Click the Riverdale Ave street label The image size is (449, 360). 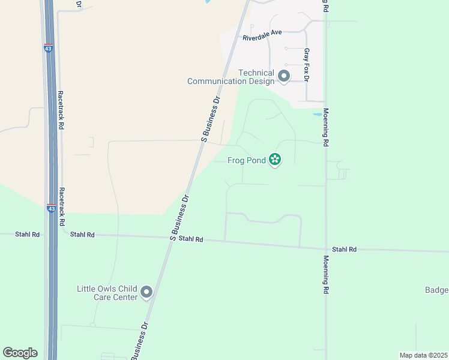262,38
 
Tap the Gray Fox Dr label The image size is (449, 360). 306,65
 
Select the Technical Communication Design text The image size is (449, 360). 231,77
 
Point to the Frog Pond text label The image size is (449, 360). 246,160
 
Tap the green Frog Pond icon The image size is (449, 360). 275,160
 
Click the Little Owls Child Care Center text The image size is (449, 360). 107,293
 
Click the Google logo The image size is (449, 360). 20,353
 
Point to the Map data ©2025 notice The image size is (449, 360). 423,355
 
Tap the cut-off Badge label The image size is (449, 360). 436,290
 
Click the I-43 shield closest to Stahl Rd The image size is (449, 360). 52,208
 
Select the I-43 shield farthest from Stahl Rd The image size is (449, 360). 48,48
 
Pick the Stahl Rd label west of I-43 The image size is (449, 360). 27,235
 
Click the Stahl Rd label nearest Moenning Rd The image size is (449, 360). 345,249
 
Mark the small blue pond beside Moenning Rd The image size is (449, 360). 317,114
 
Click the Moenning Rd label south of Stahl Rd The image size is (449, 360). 326,274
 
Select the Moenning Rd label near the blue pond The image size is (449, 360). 326,127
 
